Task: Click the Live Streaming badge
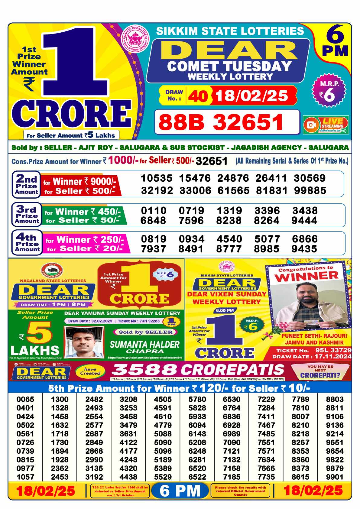(326, 125)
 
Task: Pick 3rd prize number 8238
(229, 220)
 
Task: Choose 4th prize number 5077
(267, 239)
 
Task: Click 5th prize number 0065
(25, 399)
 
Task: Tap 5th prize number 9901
(335, 477)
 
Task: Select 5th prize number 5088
(163, 434)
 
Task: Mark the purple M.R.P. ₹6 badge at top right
(329, 92)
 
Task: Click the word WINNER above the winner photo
(306, 276)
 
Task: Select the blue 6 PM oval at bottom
(180, 491)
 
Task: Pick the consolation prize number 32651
(211, 161)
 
